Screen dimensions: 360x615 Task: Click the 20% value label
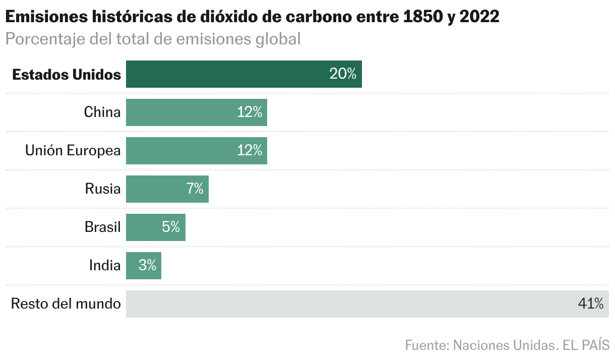(343, 74)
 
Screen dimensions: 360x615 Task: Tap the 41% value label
(590, 304)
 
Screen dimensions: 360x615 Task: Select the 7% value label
(195, 189)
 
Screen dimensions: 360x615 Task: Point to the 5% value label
(171, 227)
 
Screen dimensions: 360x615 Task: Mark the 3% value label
(147, 266)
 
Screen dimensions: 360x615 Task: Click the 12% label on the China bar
(250, 112)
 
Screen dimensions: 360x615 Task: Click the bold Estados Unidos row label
(67, 75)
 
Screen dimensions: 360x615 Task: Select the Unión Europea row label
(73, 151)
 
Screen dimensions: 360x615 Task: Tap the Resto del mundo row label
(66, 304)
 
